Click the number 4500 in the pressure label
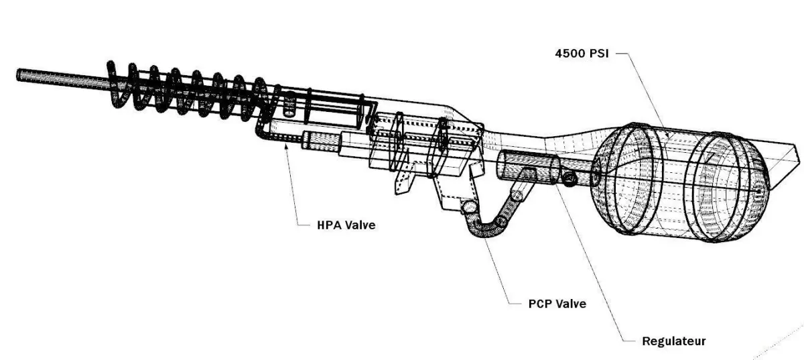pos(569,54)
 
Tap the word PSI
pos(599,54)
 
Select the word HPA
pos(330,225)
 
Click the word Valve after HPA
pos(360,225)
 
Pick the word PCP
pos(541,304)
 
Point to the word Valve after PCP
pos(572,304)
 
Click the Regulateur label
pos(674,341)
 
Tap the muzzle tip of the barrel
pos(19,74)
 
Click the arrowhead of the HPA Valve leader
pos(285,145)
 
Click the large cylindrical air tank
pos(680,182)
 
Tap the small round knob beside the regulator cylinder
pos(569,178)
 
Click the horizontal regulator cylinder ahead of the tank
pos(528,168)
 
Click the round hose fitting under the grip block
pos(468,207)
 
